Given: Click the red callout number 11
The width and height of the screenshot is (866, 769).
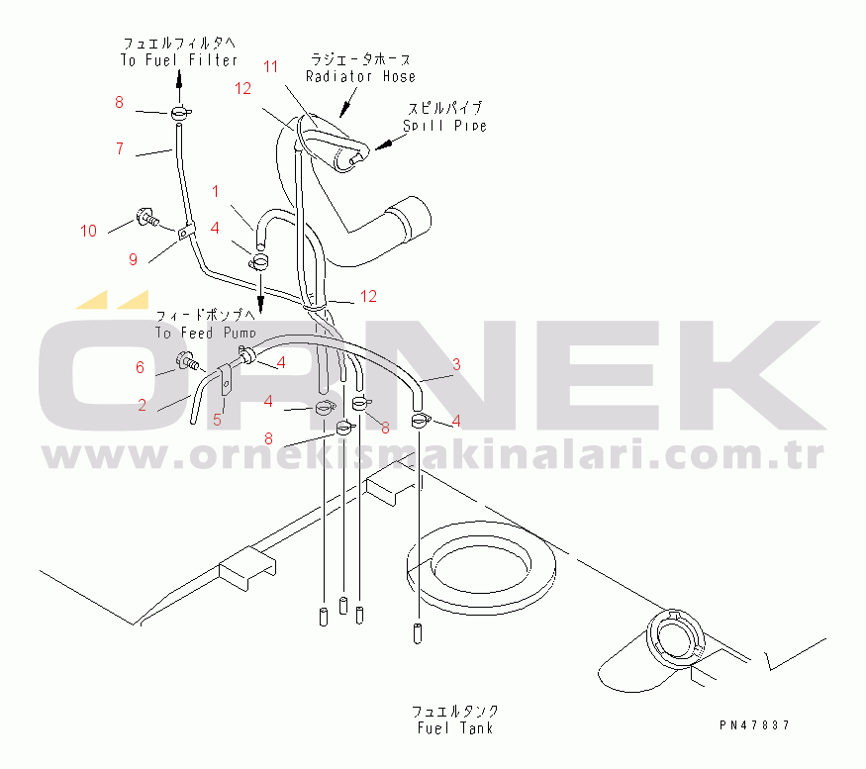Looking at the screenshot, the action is click(271, 66).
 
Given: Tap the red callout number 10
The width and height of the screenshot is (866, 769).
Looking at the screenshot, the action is click(89, 231).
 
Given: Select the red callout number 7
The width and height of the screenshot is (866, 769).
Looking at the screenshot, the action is click(119, 149).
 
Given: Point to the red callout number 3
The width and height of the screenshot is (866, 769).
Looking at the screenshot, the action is click(456, 364).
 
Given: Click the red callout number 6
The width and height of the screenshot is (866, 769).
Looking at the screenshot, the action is click(140, 367).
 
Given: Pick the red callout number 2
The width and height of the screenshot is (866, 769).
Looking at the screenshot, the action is click(144, 404).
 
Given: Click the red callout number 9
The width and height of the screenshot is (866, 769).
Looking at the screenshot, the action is click(133, 259).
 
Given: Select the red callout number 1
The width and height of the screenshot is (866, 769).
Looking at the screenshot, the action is click(216, 190).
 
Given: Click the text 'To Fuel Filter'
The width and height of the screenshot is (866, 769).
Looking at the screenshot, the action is click(179, 60).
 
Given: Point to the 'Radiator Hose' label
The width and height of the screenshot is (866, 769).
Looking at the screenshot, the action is click(360, 76).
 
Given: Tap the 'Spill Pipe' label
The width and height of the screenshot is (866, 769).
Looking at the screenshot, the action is click(444, 126).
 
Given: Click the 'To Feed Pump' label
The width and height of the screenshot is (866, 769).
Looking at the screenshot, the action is click(206, 334).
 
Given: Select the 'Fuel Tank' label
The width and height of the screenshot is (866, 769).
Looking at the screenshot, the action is click(454, 728).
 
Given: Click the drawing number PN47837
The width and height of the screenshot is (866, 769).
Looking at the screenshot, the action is click(755, 725).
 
